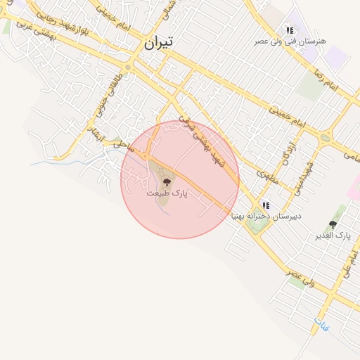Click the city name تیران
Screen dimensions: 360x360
[158, 42]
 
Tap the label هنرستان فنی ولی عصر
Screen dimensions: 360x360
[291, 41]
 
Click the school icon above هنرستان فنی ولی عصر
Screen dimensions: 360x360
[290, 30]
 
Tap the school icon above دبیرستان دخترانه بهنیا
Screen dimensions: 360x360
[266, 205]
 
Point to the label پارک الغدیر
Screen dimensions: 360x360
[333, 235]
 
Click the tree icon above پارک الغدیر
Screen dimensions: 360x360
[333, 224]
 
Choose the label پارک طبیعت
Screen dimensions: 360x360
[167, 192]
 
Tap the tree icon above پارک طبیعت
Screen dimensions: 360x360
[167, 181]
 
